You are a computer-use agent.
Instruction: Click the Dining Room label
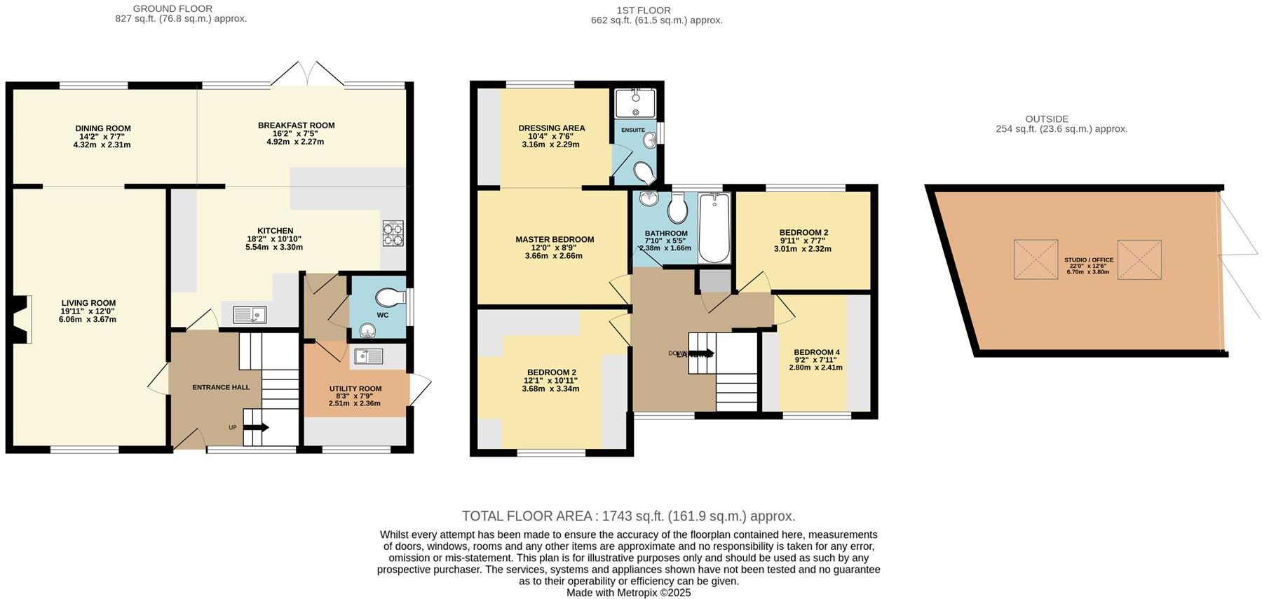click(x=103, y=128)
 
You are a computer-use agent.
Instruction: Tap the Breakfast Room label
click(x=296, y=126)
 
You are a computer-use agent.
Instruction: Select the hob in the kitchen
click(x=393, y=234)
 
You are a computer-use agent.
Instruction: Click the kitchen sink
click(x=248, y=315)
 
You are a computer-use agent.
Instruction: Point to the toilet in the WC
click(x=389, y=297)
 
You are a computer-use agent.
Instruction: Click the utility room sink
click(x=368, y=356)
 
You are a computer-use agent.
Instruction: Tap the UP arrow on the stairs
click(x=257, y=426)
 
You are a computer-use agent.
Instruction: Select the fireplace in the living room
click(x=22, y=319)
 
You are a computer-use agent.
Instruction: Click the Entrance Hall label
click(x=221, y=387)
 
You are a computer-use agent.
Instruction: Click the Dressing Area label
click(x=551, y=128)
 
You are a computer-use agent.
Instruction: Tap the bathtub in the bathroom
click(x=714, y=229)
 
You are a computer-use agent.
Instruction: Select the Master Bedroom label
click(x=554, y=239)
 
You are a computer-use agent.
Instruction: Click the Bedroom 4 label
click(x=816, y=352)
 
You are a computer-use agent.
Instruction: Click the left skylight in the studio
click(x=1036, y=260)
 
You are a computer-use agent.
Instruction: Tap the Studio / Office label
click(x=1088, y=260)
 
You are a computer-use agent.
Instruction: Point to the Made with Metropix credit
click(x=628, y=593)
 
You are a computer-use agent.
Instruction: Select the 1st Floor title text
click(x=643, y=10)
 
